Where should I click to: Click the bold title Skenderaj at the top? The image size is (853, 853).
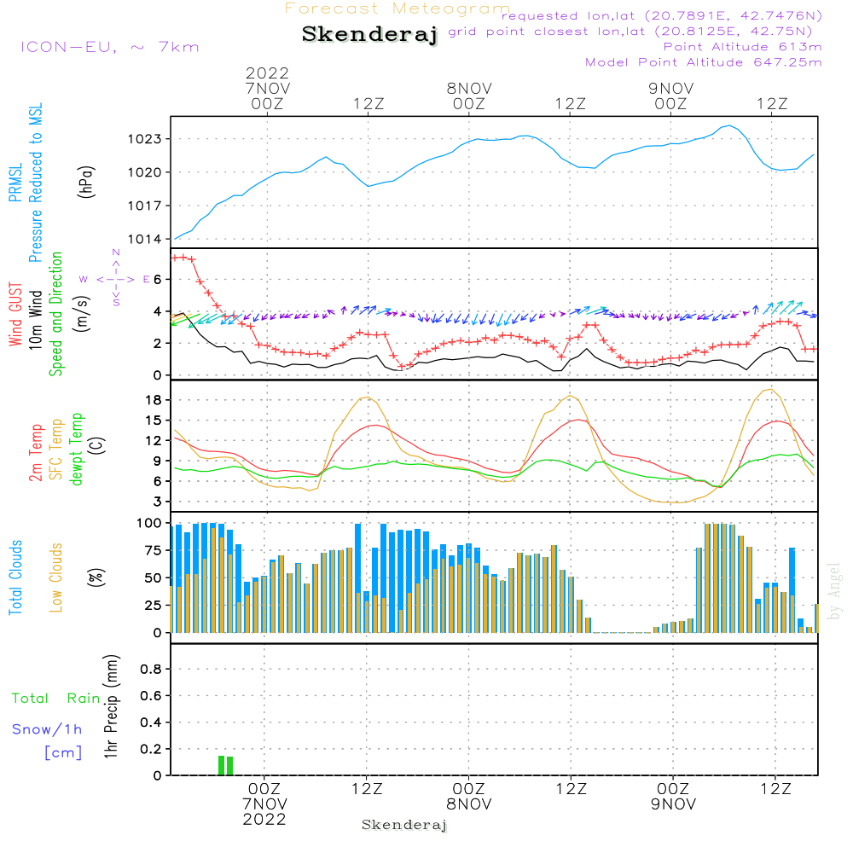(x=369, y=35)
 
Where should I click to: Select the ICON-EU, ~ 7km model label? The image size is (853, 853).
(x=109, y=46)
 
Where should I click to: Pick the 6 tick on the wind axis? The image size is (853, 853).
(x=157, y=280)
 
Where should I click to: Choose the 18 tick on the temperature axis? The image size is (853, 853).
(x=154, y=400)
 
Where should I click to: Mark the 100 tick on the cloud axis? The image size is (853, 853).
(x=149, y=523)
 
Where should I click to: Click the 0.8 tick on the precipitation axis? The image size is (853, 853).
(x=152, y=670)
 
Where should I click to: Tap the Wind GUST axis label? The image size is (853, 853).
(x=15, y=316)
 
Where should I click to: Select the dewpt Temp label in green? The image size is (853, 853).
(x=77, y=449)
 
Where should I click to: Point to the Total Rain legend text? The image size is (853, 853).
(x=56, y=699)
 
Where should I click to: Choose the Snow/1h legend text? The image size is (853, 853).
(x=48, y=730)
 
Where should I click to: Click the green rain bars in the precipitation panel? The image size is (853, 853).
(x=225, y=765)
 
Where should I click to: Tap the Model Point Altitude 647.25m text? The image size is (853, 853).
(x=704, y=62)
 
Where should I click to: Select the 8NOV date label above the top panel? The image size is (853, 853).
(x=469, y=88)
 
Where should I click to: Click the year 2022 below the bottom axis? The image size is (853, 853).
(x=264, y=819)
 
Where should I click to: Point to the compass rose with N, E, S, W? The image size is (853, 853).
(x=116, y=278)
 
